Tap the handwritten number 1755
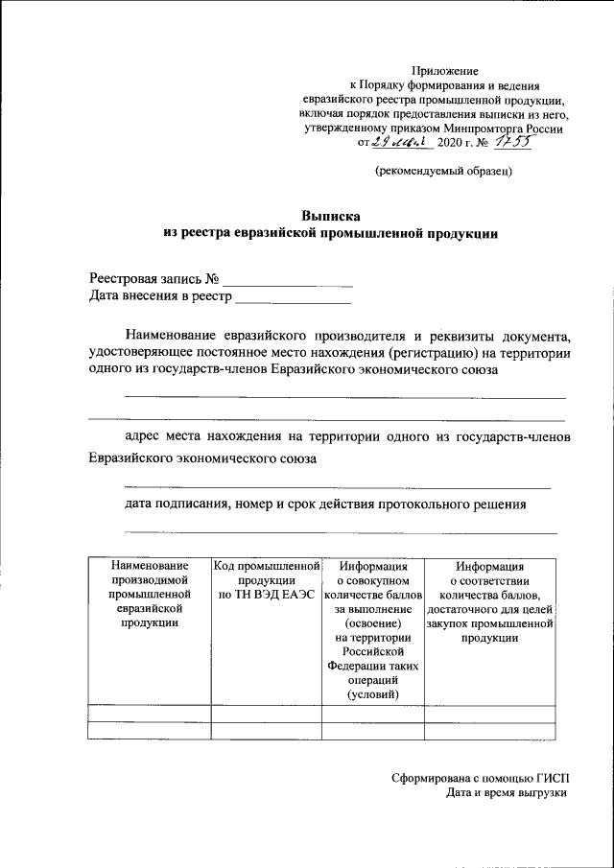pyautogui.click(x=508, y=142)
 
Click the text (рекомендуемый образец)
pyautogui.click(x=443, y=172)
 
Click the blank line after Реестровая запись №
pyautogui.click(x=287, y=281)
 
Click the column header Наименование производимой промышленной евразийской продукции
pyautogui.click(x=148, y=594)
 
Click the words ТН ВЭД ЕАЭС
pyautogui.click(x=267, y=595)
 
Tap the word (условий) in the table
pyautogui.click(x=372, y=694)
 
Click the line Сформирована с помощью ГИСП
pyautogui.click(x=480, y=777)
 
